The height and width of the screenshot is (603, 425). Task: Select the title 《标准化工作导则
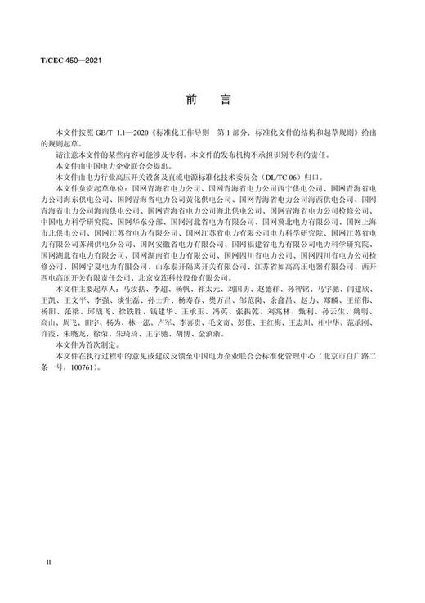point(173,131)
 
